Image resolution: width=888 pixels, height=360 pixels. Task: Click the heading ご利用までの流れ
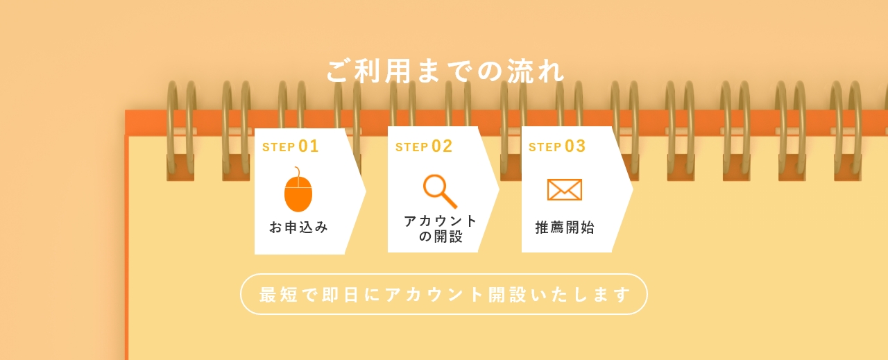click(445, 71)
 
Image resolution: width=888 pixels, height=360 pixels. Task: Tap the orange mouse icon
click(298, 192)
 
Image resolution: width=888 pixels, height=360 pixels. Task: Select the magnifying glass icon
click(440, 191)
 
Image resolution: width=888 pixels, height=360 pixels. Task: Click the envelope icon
click(564, 189)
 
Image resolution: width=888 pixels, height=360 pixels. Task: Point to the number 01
click(309, 146)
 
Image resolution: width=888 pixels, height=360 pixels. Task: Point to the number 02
click(442, 146)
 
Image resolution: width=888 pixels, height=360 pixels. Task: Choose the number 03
click(575, 146)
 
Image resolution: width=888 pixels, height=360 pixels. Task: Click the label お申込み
click(298, 227)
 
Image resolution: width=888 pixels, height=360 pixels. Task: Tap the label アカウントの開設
click(441, 228)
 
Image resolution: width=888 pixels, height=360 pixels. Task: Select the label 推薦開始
click(565, 228)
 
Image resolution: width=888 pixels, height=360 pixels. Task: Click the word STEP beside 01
click(278, 147)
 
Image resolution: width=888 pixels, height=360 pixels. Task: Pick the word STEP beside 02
click(411, 147)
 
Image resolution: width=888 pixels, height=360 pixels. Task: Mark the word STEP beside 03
click(545, 147)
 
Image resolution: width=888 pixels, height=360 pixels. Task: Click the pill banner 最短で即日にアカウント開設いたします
click(444, 294)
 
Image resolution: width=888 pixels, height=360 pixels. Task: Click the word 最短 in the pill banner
click(279, 294)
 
